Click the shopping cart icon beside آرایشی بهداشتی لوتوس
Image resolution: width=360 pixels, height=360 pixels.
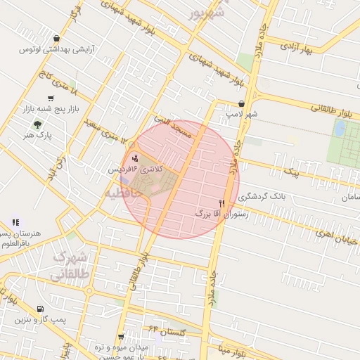57,39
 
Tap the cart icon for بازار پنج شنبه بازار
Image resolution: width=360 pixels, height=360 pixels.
50,98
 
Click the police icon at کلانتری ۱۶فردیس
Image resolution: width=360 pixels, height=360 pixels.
134,157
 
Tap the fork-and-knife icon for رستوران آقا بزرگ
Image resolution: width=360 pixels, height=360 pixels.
221,202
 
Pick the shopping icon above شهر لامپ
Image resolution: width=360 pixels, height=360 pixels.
242,103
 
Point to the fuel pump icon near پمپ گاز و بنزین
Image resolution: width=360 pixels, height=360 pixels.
39,309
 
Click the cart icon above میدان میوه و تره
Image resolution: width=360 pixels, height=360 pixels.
121,337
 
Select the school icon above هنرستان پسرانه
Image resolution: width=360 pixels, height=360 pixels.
15,222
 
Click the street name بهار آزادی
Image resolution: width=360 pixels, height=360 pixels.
296,47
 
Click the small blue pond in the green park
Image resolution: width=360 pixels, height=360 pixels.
340,128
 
